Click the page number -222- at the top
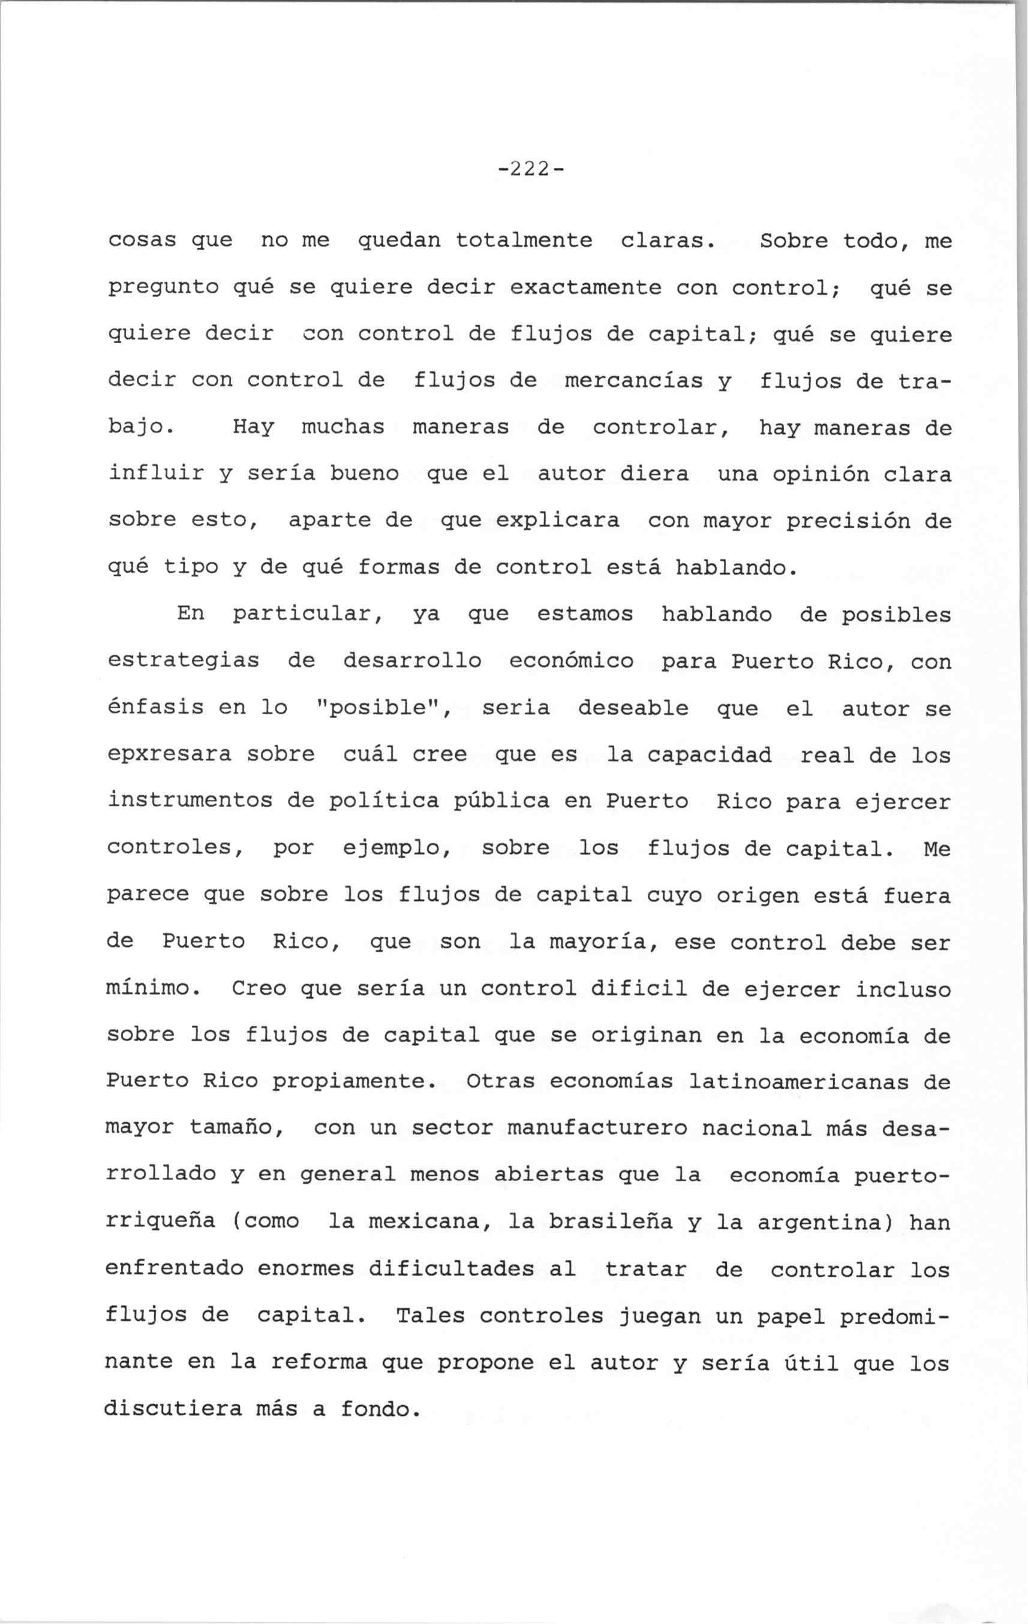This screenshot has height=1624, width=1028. (530, 169)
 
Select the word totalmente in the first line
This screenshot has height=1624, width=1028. (524, 240)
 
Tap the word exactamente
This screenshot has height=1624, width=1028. (585, 288)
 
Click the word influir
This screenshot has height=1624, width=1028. (156, 474)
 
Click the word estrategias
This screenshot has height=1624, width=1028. (184, 661)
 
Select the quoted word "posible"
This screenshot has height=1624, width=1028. (383, 708)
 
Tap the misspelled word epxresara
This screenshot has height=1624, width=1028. (169, 754)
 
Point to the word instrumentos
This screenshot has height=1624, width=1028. (190, 801)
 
